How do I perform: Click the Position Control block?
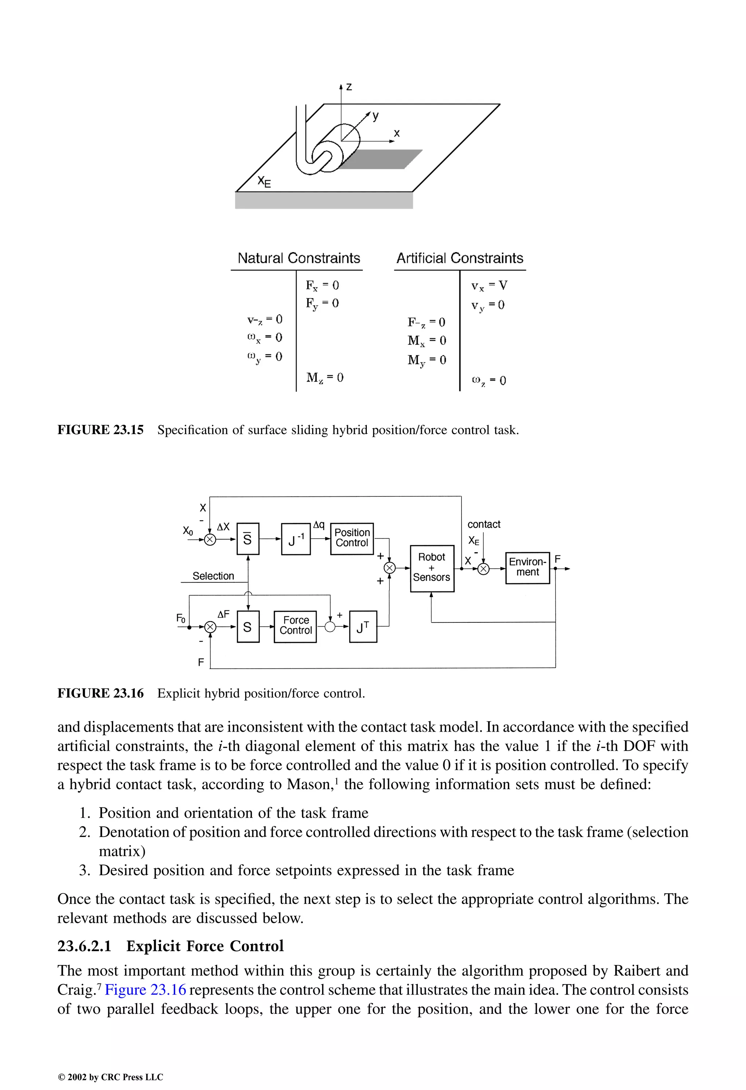point(352,538)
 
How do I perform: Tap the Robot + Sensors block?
point(432,568)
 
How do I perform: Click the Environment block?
point(527,567)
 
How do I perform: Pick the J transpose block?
point(363,627)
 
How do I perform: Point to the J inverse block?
point(295,539)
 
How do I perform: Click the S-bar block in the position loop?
point(248,539)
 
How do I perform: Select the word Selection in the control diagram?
point(213,576)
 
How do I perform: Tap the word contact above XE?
point(484,524)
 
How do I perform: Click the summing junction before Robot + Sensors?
point(389,568)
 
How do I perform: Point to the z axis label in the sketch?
point(349,87)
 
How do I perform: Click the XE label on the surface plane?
point(264,181)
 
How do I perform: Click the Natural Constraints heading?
point(298,259)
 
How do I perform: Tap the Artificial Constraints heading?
point(459,259)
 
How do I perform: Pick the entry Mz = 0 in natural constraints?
point(325,378)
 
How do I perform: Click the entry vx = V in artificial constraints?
point(489,286)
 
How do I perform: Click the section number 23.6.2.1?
point(85,947)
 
